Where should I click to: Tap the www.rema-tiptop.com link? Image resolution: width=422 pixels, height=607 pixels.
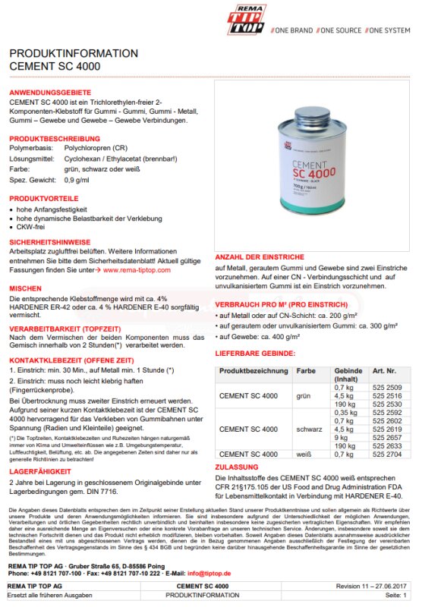point(137,269)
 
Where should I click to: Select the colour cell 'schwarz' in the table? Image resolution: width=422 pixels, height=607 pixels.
point(309,429)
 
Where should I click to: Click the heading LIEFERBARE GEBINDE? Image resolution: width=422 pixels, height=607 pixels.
point(255,354)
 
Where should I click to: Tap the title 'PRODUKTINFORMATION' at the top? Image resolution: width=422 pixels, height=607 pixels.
point(74,54)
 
